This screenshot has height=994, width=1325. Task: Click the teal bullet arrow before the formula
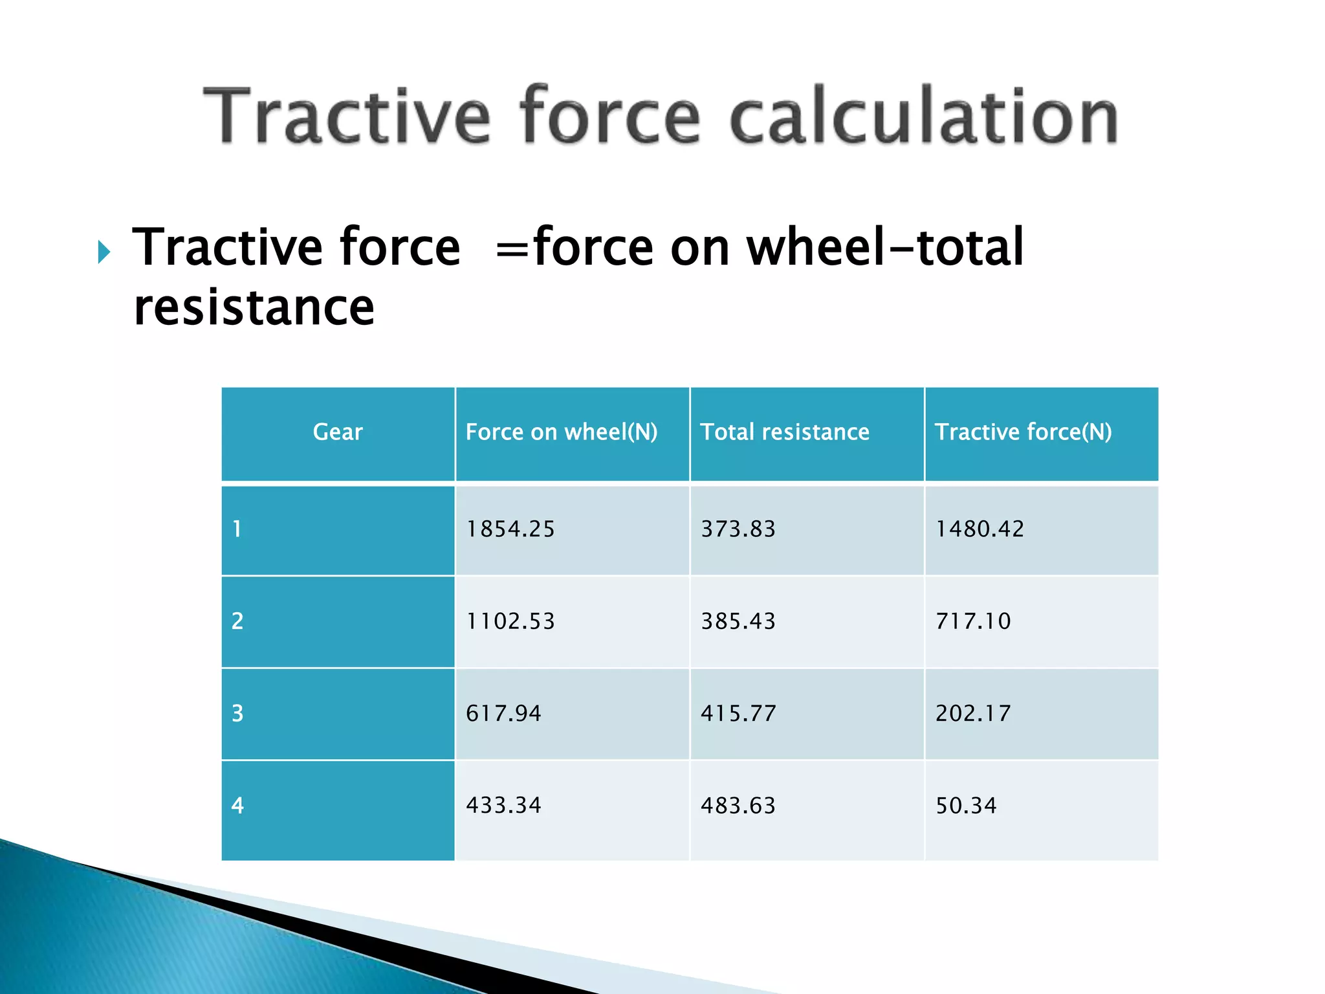104,252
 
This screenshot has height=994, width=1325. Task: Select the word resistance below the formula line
254,307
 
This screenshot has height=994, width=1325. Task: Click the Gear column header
338,432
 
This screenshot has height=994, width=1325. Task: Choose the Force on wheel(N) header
561,432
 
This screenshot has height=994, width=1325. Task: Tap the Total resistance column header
784,432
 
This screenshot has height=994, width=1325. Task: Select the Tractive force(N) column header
1023,432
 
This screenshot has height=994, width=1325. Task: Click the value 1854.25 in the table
510,529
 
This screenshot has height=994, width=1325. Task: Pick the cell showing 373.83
738,529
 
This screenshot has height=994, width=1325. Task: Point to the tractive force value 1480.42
980,529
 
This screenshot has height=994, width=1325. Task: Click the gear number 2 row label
237,621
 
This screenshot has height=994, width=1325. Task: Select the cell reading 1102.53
510,621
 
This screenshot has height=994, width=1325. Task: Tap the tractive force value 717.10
972,621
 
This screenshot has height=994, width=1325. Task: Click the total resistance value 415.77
738,714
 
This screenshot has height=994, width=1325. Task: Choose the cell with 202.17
972,714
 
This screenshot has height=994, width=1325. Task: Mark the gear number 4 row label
237,806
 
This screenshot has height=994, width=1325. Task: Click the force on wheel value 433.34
503,806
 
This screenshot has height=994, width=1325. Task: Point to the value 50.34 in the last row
965,806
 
